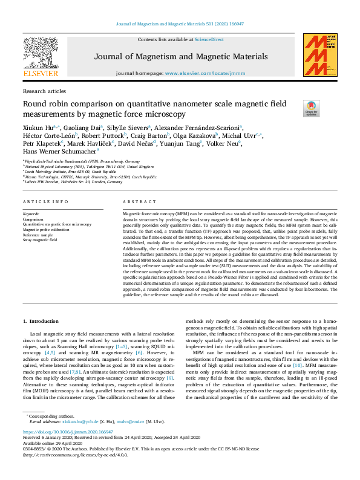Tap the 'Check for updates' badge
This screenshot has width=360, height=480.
click(x=312, y=109)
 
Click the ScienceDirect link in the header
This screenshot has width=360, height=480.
click(x=211, y=39)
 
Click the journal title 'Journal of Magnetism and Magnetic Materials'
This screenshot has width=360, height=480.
click(x=180, y=57)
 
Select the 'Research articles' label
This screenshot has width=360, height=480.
click(x=44, y=91)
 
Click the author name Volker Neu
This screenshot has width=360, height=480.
click(x=223, y=143)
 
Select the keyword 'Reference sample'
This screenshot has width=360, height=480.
click(x=39, y=235)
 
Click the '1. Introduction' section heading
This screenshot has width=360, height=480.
click(x=41, y=320)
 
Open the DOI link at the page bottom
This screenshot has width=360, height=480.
click(x=68, y=432)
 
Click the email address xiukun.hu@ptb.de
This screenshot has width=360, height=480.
click(x=79, y=422)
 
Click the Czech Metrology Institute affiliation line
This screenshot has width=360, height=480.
click(x=66, y=172)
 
